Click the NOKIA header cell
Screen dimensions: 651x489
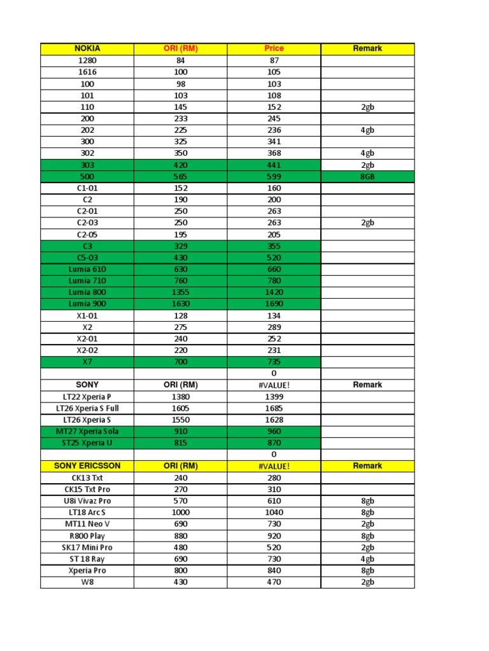87,48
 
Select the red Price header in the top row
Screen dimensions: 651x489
274,48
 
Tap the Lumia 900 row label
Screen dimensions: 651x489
87,304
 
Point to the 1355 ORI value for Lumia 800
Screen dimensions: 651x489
181,292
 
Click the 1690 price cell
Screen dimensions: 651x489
274,304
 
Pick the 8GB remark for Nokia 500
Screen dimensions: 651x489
367,177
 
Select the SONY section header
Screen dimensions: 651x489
87,385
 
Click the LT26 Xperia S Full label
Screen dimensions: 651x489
87,408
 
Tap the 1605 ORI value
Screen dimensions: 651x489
181,408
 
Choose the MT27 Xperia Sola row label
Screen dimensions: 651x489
87,431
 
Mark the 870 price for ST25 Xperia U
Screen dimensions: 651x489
274,442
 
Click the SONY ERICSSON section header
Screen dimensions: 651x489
87,466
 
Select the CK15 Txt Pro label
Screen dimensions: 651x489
87,490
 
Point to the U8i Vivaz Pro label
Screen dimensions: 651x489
87,501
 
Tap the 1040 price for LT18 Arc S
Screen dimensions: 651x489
274,512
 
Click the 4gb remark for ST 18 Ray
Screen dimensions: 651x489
367,559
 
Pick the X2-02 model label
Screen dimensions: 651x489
87,350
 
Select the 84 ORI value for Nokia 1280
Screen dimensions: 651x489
181,60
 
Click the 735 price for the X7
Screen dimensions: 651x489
274,362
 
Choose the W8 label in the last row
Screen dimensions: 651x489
87,582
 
